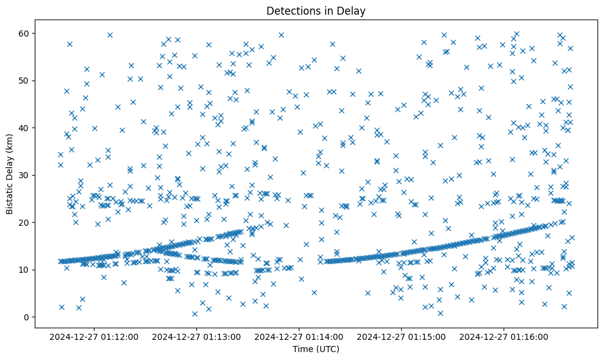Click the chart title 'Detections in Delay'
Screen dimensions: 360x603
pos(316,10)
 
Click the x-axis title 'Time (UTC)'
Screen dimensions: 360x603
pos(316,349)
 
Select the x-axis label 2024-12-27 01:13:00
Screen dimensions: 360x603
pos(198,336)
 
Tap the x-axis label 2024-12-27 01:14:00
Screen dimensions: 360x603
pos(300,336)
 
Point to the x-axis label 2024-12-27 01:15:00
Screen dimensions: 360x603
pos(402,336)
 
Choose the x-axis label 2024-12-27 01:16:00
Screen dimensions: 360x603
pos(505,336)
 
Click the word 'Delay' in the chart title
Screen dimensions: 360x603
pos(352,10)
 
